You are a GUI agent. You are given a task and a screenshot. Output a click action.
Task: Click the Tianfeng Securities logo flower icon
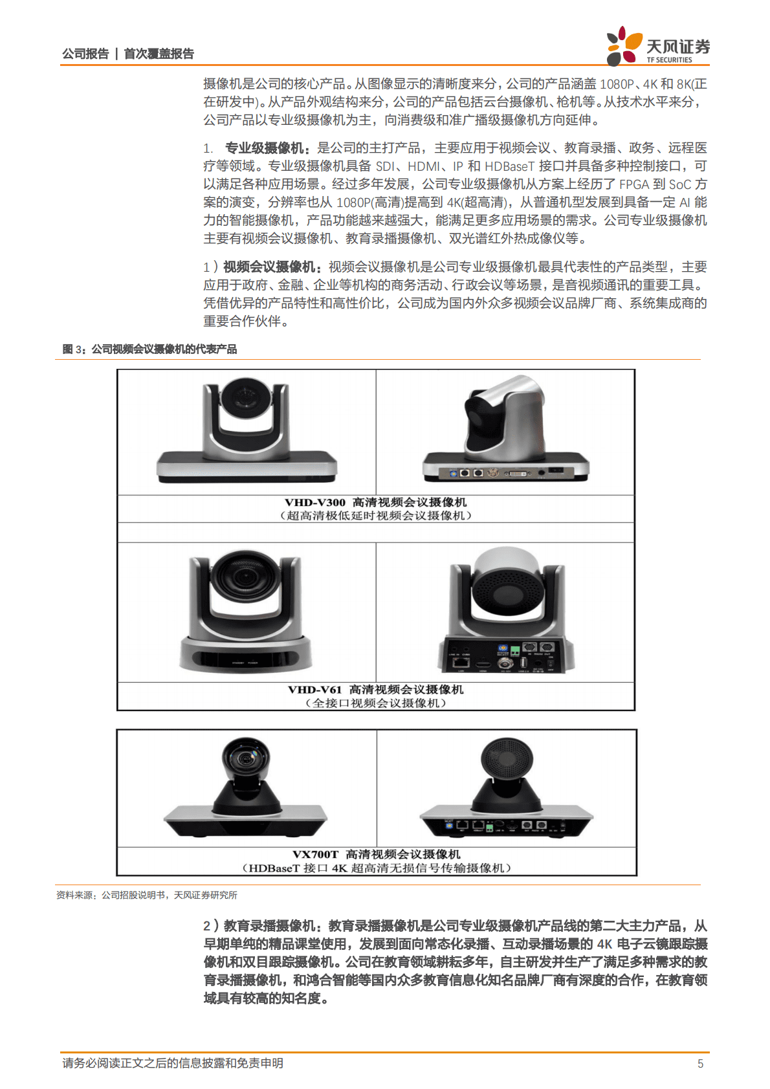(x=624, y=46)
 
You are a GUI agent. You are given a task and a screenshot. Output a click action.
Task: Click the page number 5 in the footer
(x=700, y=1063)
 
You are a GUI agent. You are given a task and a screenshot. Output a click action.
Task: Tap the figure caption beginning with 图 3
(x=149, y=349)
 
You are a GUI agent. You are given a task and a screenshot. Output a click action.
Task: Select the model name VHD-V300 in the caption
(x=314, y=502)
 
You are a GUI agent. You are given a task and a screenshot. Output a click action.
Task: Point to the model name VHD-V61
(x=314, y=689)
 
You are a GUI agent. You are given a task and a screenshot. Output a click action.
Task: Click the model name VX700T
(x=315, y=854)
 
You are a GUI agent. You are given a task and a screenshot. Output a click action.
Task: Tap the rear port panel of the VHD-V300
(x=505, y=472)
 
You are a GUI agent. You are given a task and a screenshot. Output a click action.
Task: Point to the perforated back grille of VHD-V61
(x=505, y=591)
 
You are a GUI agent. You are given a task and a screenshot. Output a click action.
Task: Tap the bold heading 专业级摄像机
(x=265, y=148)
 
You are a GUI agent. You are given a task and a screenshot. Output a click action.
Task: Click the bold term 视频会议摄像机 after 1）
(x=269, y=267)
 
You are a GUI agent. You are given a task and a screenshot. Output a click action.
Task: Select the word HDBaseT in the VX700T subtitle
(x=274, y=868)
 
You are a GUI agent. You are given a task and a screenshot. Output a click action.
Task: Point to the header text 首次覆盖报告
(x=159, y=54)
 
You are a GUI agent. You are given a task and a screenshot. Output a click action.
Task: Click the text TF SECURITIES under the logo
(x=669, y=60)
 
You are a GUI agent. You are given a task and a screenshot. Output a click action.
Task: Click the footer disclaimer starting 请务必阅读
(x=173, y=1063)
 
